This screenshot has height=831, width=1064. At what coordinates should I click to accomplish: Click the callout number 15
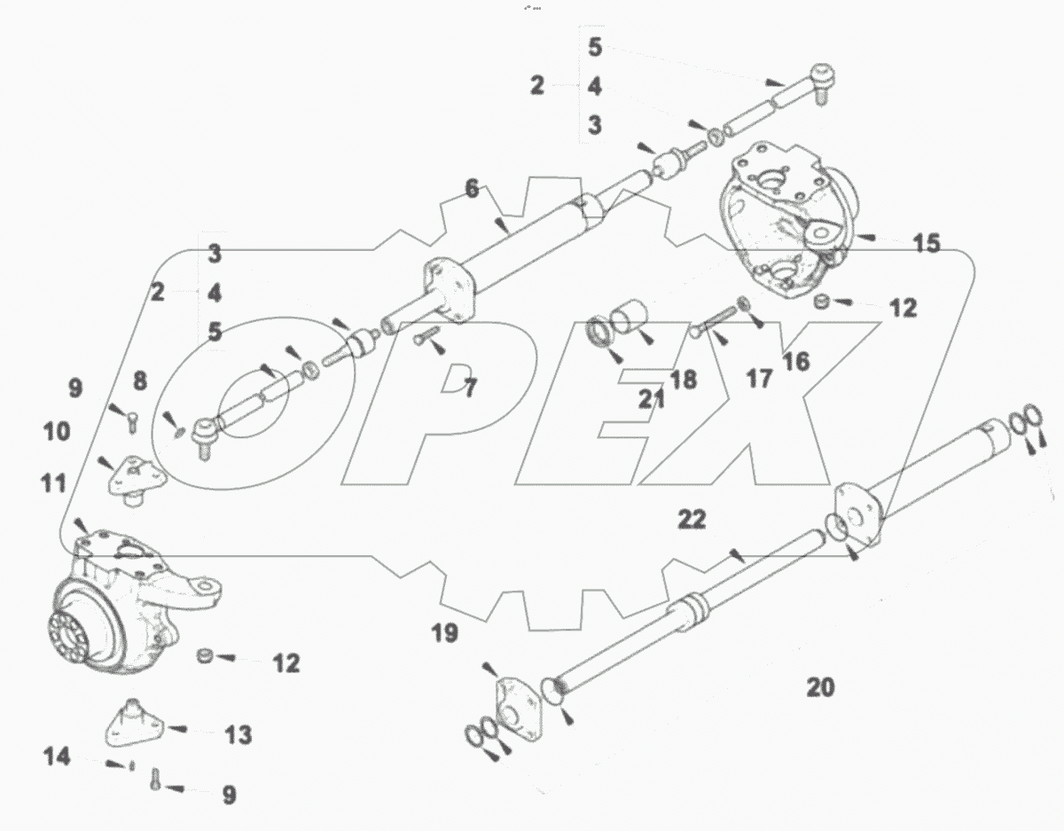pos(927,242)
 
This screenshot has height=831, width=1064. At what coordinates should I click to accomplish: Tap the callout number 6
pos(472,188)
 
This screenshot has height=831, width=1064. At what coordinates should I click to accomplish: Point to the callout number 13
pos(238,735)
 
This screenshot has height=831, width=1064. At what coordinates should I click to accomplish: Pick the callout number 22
pos(692,520)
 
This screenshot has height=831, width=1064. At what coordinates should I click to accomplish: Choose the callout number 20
pos(821,686)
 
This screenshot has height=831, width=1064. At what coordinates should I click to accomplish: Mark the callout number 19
pos(445,632)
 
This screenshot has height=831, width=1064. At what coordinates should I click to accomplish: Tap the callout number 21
pos(653,398)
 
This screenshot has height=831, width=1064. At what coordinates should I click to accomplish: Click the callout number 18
pos(683,380)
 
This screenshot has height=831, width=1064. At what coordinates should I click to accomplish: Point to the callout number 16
pos(796,361)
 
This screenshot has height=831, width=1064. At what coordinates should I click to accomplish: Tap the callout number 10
pos(54,433)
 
